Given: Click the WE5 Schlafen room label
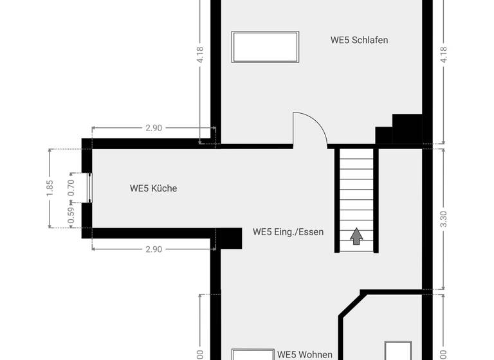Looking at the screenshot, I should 359,40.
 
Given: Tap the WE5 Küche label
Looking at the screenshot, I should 153,188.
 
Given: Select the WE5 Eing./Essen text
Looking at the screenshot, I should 288,231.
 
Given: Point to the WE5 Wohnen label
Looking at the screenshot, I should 305,354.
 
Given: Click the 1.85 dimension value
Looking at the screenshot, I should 51,188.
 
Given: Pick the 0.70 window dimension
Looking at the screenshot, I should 71,186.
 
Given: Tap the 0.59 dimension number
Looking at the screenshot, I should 71,213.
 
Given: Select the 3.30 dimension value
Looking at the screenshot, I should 443,219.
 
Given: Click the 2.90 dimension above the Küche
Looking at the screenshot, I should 153,128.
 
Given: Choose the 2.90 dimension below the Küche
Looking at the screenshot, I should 153,249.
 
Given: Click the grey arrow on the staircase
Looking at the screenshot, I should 356,236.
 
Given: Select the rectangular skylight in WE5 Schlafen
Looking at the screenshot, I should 266,46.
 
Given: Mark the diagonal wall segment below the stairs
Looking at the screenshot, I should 351,304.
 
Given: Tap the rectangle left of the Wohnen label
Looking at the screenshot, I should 252,355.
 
